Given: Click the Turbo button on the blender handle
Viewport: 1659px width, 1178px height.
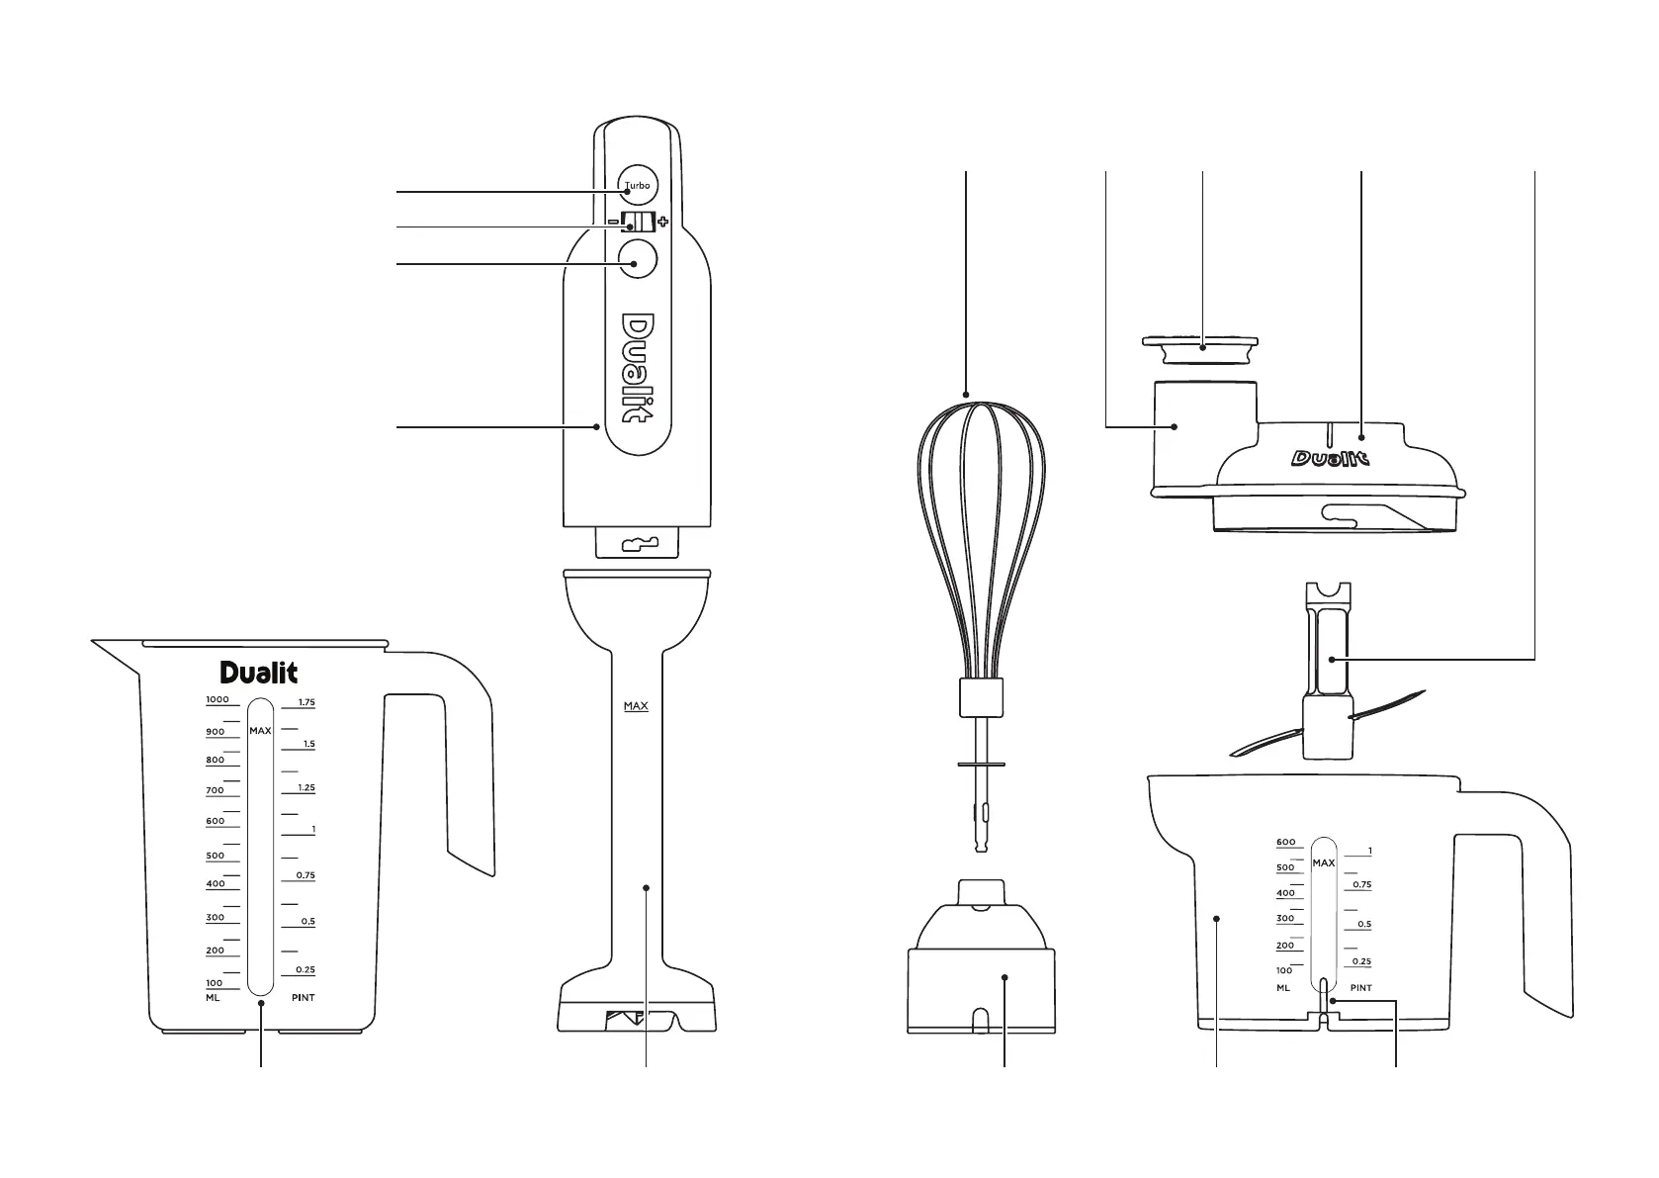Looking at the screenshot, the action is (x=637, y=185).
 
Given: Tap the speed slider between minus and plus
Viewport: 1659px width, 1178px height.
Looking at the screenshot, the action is (x=638, y=222).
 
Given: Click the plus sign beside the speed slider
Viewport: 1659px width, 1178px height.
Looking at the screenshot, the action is (x=662, y=221).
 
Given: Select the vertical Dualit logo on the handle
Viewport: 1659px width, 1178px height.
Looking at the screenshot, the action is (x=637, y=368).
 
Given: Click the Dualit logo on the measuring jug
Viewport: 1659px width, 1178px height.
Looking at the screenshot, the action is (x=258, y=673).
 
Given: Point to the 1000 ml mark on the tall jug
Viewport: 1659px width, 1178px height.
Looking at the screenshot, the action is (x=218, y=699).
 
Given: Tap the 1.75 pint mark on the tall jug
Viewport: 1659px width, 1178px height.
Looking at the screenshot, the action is (x=306, y=702).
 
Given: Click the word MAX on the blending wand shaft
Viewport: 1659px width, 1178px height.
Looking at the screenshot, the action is (x=636, y=706).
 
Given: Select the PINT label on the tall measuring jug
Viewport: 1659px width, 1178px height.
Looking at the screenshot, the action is (x=303, y=997).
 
